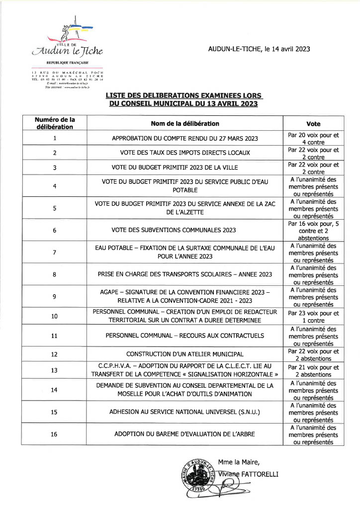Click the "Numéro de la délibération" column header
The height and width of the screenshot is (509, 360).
55,123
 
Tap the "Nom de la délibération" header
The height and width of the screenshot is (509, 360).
184,123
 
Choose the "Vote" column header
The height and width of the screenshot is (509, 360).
313,123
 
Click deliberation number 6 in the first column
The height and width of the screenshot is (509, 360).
55,230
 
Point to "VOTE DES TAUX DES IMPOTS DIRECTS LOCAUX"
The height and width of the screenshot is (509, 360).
184,153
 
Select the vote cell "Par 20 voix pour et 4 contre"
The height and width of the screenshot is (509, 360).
313,138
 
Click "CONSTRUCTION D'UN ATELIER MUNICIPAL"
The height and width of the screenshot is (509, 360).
184,354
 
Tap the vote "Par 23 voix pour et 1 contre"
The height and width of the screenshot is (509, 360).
313,317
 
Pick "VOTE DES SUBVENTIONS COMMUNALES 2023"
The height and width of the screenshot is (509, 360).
184,230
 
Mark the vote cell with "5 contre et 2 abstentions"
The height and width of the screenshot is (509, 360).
313,230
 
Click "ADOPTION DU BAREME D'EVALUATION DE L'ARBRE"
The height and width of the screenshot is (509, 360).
184,434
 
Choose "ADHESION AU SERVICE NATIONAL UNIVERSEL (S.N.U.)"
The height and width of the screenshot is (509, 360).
184,412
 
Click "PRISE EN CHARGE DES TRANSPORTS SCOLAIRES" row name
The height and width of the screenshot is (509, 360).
184,274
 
